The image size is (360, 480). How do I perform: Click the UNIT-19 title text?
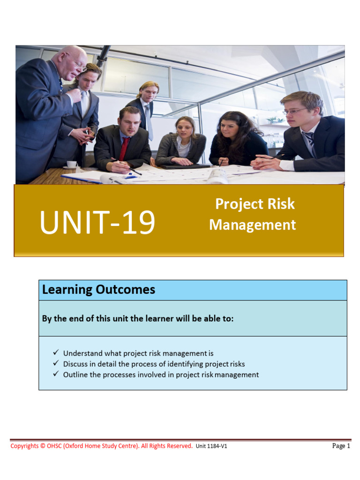(x=97, y=223)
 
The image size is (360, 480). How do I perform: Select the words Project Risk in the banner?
(x=255, y=204)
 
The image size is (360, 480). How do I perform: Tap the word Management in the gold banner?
(x=253, y=225)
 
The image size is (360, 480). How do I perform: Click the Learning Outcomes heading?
(x=98, y=290)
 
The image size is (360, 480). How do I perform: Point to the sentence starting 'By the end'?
(x=138, y=319)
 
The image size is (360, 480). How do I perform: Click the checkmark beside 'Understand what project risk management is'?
(x=56, y=352)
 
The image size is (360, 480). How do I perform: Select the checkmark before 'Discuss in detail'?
(x=56, y=363)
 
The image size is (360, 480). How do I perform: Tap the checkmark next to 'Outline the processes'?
(x=56, y=374)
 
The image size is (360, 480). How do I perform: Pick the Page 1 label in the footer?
(x=341, y=446)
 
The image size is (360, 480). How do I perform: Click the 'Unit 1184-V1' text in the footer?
(x=211, y=446)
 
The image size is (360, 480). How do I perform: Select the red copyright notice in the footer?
(x=101, y=446)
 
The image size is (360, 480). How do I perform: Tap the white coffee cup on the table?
(x=72, y=164)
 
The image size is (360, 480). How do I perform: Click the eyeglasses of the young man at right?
(x=295, y=111)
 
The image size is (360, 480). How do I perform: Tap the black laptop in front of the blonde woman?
(x=186, y=166)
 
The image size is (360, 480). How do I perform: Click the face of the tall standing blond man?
(x=148, y=93)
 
